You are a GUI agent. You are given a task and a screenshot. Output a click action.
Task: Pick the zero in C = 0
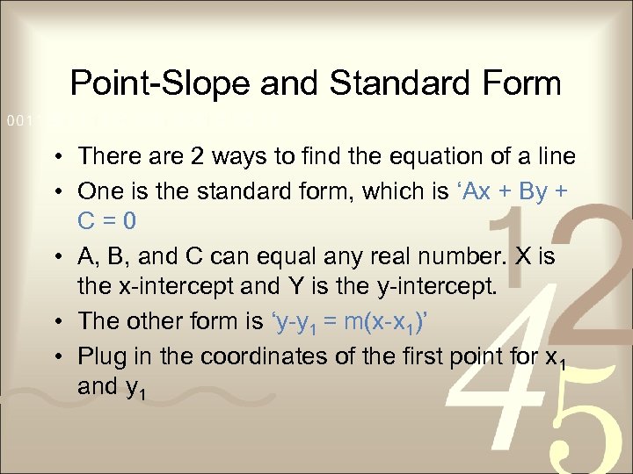point(129,223)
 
